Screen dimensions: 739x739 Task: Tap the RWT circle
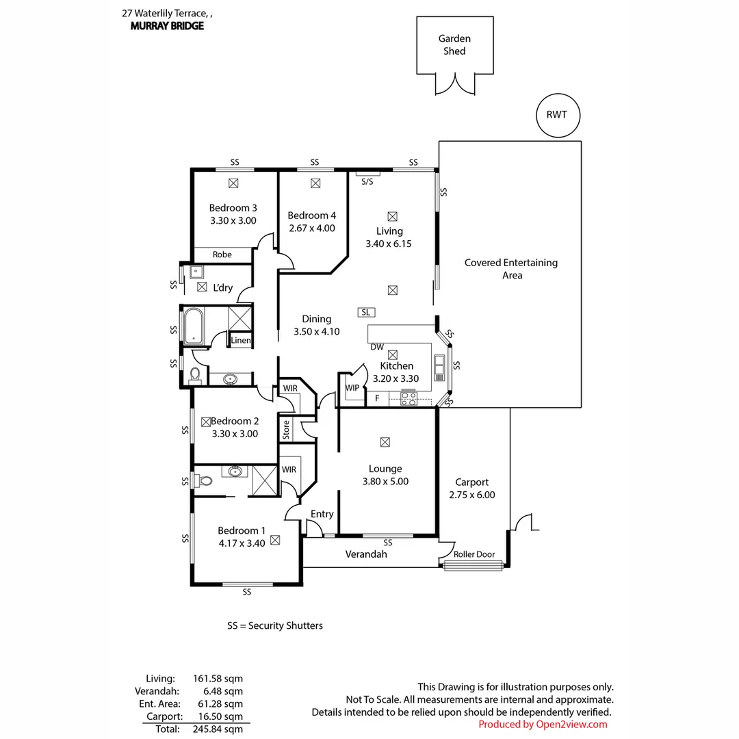[556, 114]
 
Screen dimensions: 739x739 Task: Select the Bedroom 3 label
[233, 208]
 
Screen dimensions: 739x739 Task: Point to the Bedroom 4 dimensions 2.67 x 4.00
[311, 228]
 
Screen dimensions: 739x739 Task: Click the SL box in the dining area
[366, 312]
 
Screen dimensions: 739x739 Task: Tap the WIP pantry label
[352, 388]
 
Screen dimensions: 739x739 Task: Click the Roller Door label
[474, 554]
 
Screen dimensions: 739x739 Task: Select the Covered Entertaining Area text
[511, 268]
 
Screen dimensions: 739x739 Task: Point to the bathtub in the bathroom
[194, 325]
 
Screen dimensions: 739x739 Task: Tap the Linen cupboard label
[240, 340]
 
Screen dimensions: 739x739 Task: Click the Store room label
[286, 429]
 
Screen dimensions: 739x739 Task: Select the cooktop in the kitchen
[409, 398]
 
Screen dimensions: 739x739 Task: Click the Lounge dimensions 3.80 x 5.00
[385, 481]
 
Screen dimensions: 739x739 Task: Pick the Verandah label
[366, 554]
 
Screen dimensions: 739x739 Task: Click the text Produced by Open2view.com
[543, 724]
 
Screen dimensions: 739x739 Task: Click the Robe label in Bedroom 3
[222, 255]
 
